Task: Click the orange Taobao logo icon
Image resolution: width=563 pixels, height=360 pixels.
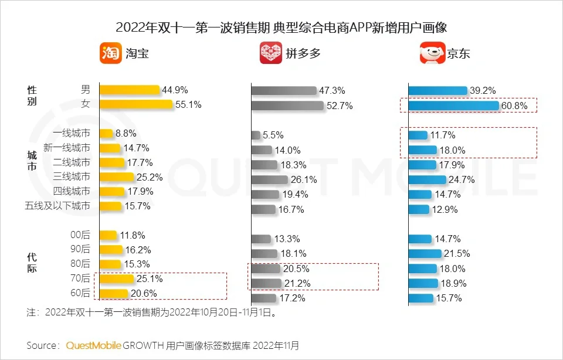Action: tap(110, 53)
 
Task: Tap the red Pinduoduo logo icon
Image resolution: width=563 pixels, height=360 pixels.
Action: tap(270, 53)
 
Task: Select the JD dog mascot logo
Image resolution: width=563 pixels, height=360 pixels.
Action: tap(432, 53)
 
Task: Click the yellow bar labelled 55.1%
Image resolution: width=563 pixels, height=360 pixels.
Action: tap(136, 104)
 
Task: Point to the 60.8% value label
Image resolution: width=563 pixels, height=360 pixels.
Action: tap(514, 106)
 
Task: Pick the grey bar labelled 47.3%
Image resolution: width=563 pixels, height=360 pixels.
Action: tap(284, 91)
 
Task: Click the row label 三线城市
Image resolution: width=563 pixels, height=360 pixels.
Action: tap(72, 176)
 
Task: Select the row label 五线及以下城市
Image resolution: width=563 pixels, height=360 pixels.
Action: tap(57, 206)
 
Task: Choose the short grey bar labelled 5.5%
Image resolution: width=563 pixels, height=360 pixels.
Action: tap(256, 135)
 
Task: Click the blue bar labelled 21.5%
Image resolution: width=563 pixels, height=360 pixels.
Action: tap(425, 253)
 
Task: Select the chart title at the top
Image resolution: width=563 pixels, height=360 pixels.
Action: tap(281, 28)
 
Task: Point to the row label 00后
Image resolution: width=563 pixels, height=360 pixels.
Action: tap(80, 235)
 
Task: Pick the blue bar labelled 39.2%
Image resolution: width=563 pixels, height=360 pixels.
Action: tap(437, 90)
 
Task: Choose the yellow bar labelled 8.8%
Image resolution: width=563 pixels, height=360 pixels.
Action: tap(106, 133)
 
